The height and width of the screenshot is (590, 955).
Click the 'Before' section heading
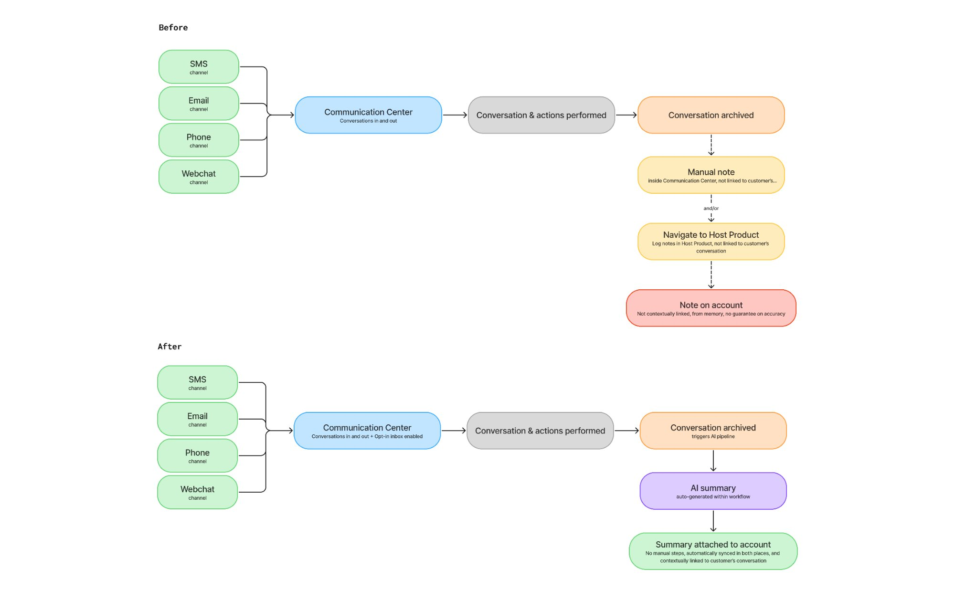[173, 28]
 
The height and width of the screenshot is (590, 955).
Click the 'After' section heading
[170, 347]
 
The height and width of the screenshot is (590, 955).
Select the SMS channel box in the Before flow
[199, 67]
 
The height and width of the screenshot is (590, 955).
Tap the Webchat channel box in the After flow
[197, 492]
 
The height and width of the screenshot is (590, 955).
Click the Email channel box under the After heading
[197, 419]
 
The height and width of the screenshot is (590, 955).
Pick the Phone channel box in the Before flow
[199, 140]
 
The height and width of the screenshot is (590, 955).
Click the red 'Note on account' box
[711, 308]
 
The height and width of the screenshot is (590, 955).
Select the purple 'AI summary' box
[713, 491]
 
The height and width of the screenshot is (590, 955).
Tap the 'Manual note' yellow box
[711, 175]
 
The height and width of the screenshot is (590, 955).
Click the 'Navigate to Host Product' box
[711, 241]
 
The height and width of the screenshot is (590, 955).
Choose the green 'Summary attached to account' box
[713, 551]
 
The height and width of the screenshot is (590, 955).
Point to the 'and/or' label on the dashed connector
[711, 208]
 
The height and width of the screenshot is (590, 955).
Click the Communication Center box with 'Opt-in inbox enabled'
[367, 431]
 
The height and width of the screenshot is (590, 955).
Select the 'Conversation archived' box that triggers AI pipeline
[713, 431]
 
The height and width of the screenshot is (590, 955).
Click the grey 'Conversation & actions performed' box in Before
[541, 115]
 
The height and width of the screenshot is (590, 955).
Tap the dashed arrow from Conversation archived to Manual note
[711, 145]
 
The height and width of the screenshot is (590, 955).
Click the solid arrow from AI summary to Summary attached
[713, 521]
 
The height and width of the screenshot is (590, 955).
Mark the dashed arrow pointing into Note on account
[711, 274]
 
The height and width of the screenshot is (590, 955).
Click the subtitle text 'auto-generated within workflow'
[713, 497]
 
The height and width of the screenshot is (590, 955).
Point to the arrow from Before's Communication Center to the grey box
[455, 115]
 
